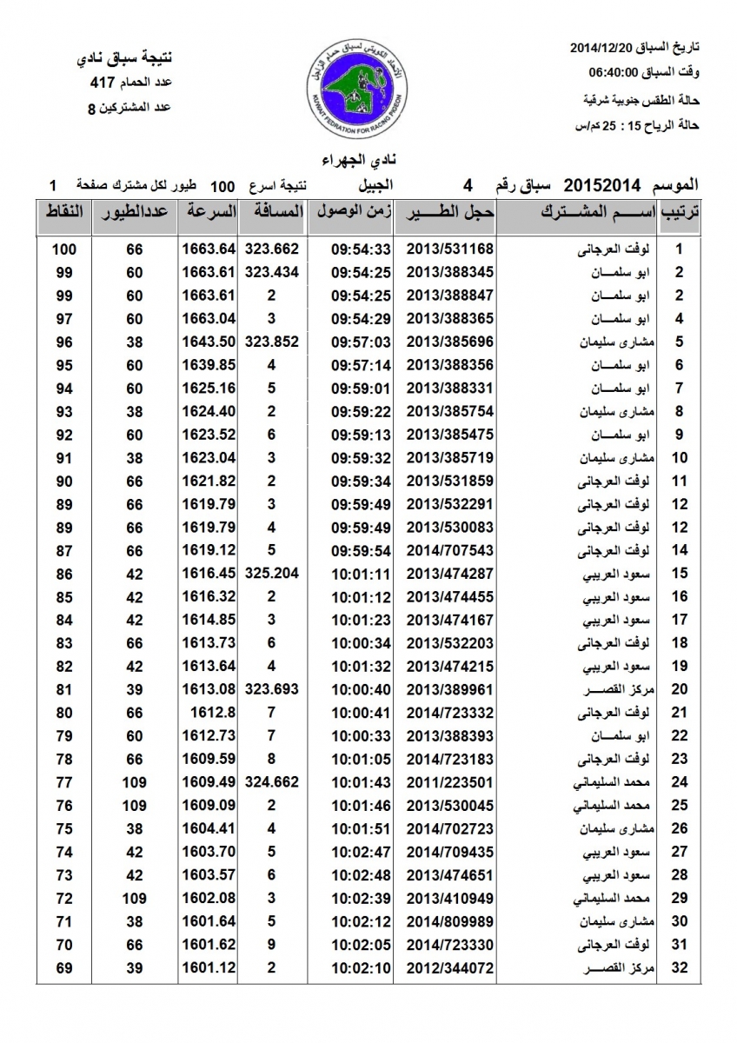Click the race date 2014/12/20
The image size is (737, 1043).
pyautogui.click(x=608, y=46)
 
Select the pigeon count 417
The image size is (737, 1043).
pyautogui.click(x=103, y=83)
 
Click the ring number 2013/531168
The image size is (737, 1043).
pyautogui.click(x=449, y=249)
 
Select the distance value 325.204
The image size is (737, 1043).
pyautogui.click(x=272, y=574)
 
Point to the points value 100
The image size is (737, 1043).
pyautogui.click(x=63, y=249)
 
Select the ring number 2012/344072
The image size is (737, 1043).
pyautogui.click(x=449, y=967)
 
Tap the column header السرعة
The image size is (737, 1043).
pyautogui.click(x=209, y=211)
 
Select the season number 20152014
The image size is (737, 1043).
pyautogui.click(x=601, y=185)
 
